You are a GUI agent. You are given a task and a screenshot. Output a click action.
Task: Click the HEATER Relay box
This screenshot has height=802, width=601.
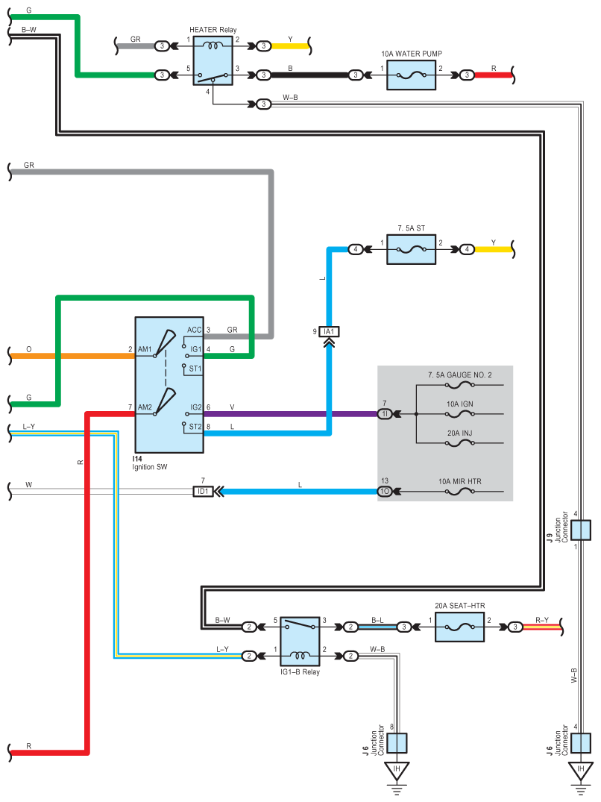click(213, 61)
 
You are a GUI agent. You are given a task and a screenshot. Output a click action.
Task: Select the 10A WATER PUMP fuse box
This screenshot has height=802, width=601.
click(412, 75)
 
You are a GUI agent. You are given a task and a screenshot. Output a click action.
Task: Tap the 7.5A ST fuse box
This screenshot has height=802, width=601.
click(412, 249)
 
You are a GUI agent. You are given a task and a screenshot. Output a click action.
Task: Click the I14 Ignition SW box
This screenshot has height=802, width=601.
click(169, 384)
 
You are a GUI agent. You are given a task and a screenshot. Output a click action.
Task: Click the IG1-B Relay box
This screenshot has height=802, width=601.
click(300, 642)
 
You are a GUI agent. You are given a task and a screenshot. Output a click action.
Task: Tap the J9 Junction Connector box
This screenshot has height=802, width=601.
click(581, 530)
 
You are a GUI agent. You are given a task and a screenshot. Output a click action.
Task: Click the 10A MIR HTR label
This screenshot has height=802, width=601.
click(459, 482)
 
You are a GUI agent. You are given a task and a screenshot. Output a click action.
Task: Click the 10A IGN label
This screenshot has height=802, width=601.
click(460, 404)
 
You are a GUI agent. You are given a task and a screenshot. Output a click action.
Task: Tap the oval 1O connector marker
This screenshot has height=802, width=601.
click(386, 492)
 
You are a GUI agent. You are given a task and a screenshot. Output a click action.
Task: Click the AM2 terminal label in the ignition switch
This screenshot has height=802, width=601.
click(145, 407)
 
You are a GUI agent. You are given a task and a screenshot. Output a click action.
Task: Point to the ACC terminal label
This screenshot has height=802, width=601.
click(194, 330)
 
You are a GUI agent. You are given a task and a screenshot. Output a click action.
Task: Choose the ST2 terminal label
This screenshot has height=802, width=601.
click(195, 427)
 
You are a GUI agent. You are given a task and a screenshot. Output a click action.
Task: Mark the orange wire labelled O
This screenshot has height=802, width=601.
click(75, 356)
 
